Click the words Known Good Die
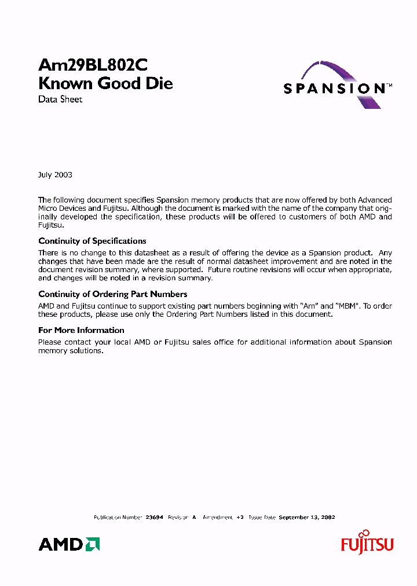point(105,83)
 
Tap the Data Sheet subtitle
point(60,99)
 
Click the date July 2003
point(55,175)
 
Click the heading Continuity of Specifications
point(92,241)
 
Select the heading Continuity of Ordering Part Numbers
point(112,294)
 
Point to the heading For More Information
point(81,330)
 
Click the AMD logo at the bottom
point(69,544)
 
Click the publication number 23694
point(154,517)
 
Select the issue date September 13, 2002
point(307,517)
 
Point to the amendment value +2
point(240,517)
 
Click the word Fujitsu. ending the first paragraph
point(50,225)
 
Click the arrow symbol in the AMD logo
point(93,544)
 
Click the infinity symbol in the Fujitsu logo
point(364,533)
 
